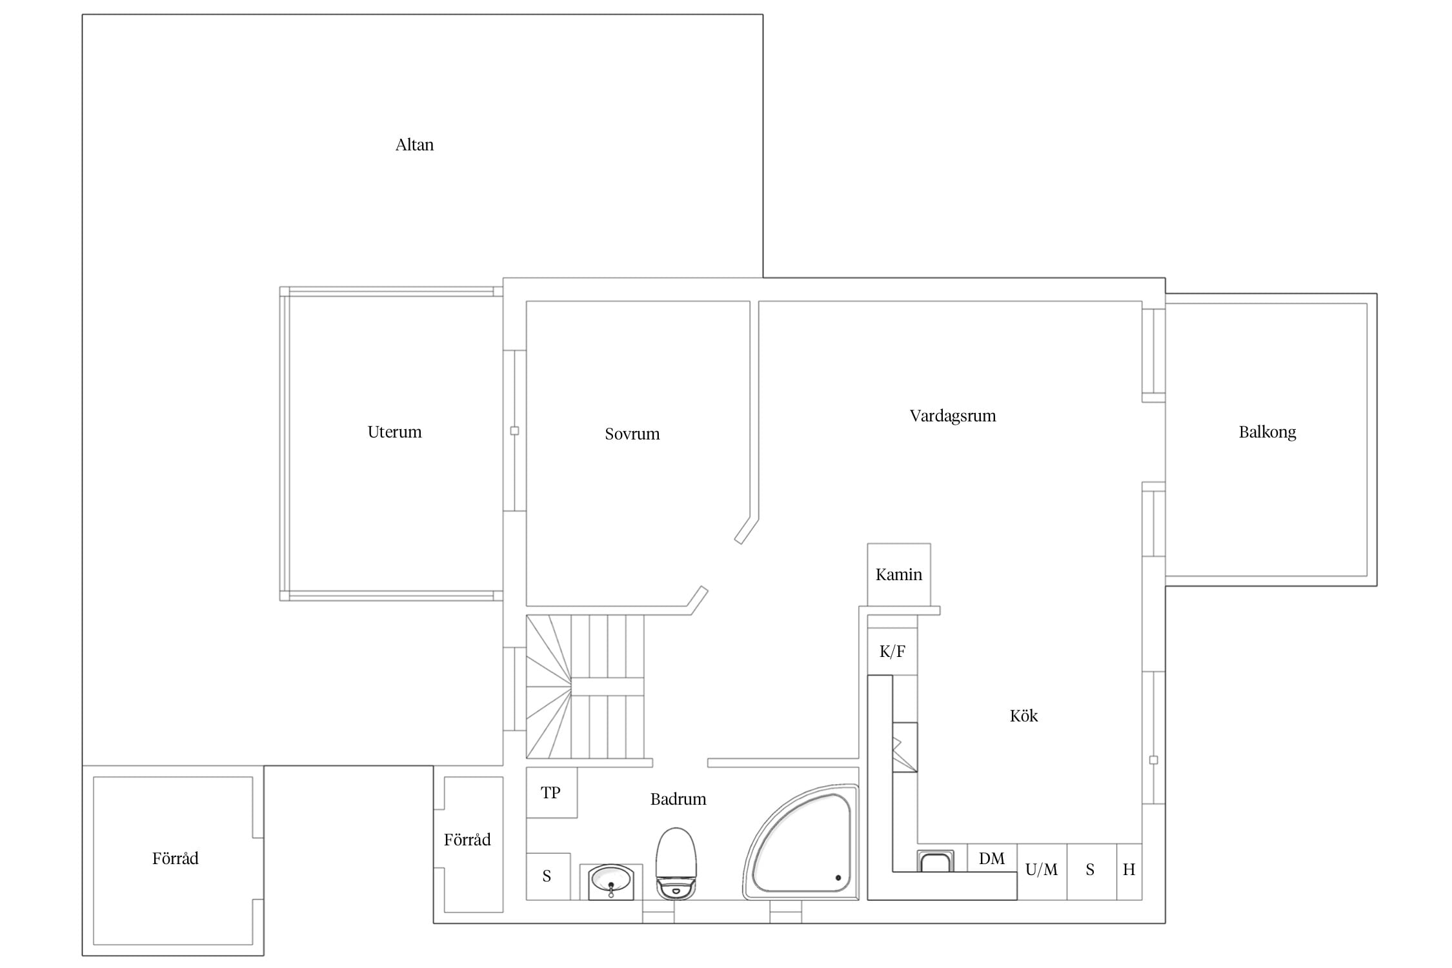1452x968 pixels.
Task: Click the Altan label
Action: click(x=414, y=145)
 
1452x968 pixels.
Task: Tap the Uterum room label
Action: click(x=394, y=432)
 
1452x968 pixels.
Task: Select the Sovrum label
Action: click(x=632, y=434)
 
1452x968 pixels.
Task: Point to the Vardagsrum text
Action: click(x=953, y=416)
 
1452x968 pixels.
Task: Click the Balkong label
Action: click(x=1267, y=432)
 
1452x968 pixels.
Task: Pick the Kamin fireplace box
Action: click(x=899, y=575)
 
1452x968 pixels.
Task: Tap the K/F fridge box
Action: click(x=892, y=652)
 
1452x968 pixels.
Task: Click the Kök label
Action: click(x=1023, y=716)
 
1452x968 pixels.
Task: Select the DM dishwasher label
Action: click(x=991, y=858)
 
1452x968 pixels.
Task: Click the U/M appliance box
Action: click(x=1042, y=872)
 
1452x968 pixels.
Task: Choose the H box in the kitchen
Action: click(x=1129, y=872)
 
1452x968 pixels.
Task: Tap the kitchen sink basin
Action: click(x=935, y=862)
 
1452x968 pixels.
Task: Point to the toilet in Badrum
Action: click(x=676, y=863)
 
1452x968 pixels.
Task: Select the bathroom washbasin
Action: click(x=611, y=881)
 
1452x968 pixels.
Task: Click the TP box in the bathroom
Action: click(x=552, y=792)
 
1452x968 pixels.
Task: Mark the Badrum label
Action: click(x=678, y=799)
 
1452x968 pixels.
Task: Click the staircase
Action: click(x=585, y=687)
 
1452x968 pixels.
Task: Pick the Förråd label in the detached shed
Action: click(x=175, y=858)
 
